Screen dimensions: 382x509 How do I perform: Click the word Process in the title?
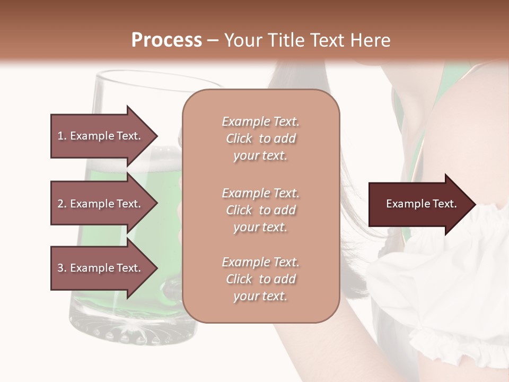pyautogui.click(x=166, y=40)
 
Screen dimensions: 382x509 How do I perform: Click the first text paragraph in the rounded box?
pyautogui.click(x=260, y=138)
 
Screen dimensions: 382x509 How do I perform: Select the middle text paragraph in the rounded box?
pyautogui.click(x=260, y=210)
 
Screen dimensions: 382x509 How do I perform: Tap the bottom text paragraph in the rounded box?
pyautogui.click(x=260, y=279)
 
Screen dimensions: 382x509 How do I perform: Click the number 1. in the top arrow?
pyautogui.click(x=62, y=136)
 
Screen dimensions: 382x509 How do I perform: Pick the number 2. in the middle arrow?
pyautogui.click(x=62, y=204)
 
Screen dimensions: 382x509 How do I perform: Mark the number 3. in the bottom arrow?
pyautogui.click(x=62, y=268)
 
